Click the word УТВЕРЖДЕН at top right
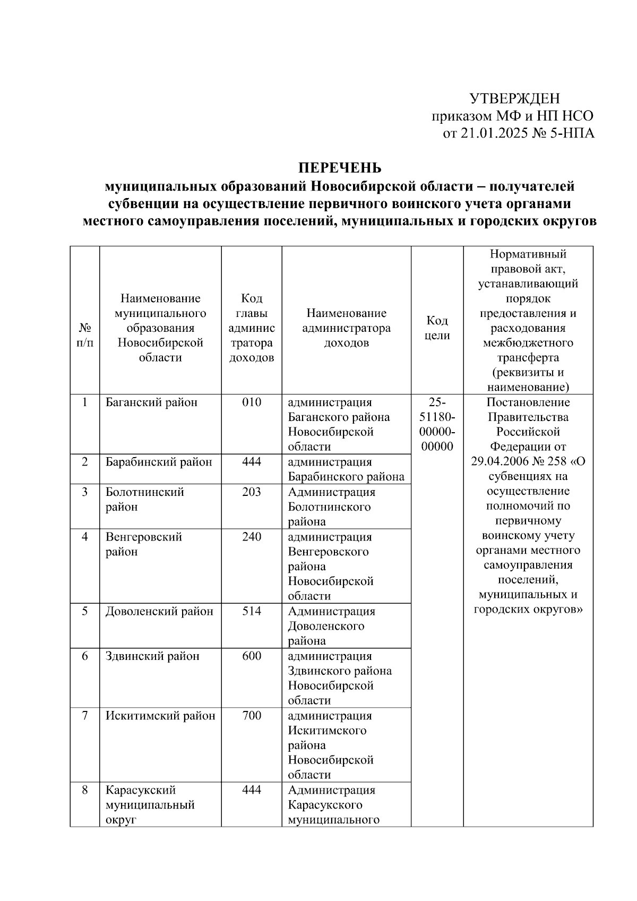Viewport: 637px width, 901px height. [x=514, y=99]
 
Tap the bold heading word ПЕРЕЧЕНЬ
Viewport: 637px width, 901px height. [x=339, y=168]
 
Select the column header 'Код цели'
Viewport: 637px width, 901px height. [x=437, y=328]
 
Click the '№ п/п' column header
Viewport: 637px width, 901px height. [x=85, y=335]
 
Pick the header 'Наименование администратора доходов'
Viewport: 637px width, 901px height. [x=346, y=328]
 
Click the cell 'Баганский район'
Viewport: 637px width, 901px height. [x=151, y=402]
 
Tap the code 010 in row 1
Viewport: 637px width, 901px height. [x=251, y=402]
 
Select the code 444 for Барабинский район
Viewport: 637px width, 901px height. [x=251, y=462]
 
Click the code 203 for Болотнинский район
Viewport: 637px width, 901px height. [x=251, y=492]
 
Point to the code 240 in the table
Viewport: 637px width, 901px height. [x=251, y=537]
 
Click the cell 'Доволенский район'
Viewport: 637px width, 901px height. [x=159, y=611]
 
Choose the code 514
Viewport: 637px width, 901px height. [x=251, y=611]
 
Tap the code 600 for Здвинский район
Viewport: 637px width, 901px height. [x=251, y=656]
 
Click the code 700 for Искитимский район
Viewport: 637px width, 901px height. [x=251, y=716]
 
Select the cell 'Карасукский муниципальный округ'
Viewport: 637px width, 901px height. [x=150, y=805]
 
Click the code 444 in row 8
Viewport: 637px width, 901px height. [x=251, y=790]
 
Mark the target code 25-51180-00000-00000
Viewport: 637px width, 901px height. [x=437, y=424]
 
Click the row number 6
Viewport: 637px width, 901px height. [x=85, y=656]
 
